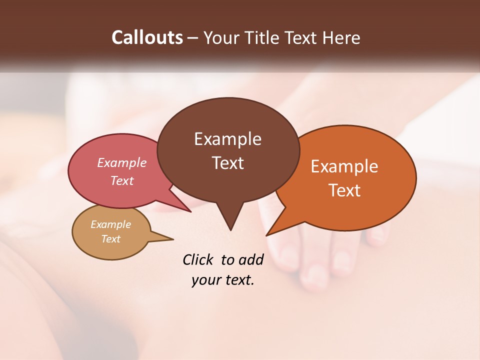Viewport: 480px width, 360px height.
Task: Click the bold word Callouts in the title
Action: [147, 37]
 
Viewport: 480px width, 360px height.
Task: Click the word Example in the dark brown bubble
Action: [227, 139]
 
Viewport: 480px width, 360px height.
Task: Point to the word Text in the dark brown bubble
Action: [227, 163]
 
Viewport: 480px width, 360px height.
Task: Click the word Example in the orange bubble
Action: [344, 166]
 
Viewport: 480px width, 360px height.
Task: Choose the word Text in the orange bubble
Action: [345, 190]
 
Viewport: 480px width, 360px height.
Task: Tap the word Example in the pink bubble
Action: [122, 162]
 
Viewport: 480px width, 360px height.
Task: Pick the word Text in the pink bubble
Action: [122, 180]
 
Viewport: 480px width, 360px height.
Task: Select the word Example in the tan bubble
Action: [111, 224]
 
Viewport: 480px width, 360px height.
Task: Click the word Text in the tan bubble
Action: [111, 239]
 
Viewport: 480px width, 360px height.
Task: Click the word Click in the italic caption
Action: [198, 259]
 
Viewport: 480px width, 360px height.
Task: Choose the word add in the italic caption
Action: [250, 259]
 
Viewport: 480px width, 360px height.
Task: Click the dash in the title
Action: [193, 37]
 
